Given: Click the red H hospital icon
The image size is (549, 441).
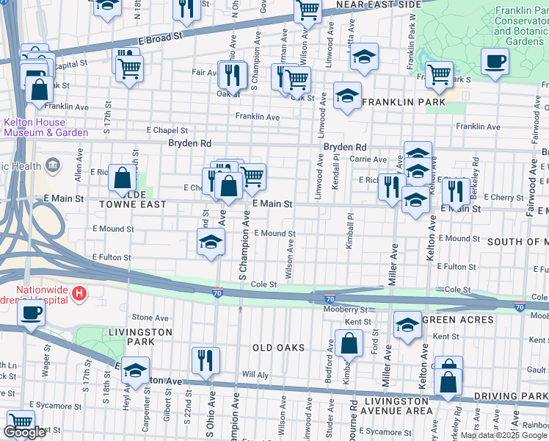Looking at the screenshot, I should pos(79,294).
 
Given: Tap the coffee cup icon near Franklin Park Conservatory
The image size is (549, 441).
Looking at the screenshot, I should pos(495,62).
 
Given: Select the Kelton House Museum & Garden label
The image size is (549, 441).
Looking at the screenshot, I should pos(44,127).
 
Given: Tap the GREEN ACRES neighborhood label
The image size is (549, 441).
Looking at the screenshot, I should pos(462,319).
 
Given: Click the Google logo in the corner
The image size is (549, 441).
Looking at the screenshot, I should pos(24,432).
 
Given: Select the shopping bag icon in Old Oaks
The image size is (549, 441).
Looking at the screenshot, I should pos(349,343).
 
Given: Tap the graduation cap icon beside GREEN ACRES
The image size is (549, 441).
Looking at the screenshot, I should pos(407,325).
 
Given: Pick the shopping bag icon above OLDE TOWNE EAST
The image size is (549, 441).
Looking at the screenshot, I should pos(122,178).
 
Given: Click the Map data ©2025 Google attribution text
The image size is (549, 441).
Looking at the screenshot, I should pos(503,435).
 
